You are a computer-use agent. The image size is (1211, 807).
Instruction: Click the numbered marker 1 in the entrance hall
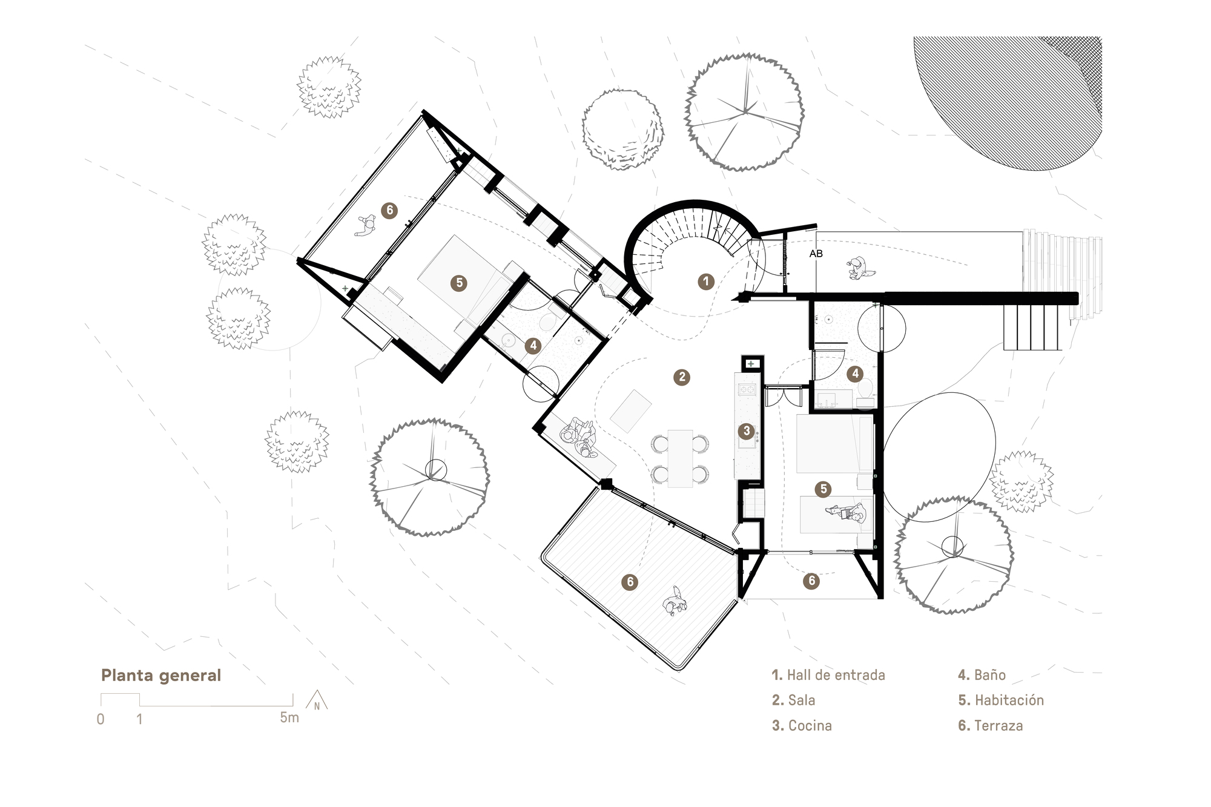(705, 282)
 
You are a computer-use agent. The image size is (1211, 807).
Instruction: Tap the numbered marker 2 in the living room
(682, 377)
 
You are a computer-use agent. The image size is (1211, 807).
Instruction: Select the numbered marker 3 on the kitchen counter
(746, 431)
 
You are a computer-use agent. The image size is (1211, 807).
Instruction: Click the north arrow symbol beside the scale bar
(317, 702)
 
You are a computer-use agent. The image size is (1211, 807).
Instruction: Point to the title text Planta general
(161, 675)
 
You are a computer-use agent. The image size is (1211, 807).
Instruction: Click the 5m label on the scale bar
(289, 718)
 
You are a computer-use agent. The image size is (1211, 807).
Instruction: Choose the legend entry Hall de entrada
(828, 675)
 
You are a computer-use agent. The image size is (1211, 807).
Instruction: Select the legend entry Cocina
(802, 725)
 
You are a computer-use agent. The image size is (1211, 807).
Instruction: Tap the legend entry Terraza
(991, 725)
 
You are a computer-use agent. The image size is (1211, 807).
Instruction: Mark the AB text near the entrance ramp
(816, 254)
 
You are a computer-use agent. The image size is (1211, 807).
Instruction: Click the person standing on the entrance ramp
(859, 268)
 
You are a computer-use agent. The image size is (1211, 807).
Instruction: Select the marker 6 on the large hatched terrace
(630, 582)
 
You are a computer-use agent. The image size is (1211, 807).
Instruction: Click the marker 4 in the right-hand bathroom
(855, 374)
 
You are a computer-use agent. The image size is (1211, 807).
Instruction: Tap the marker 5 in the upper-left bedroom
(458, 283)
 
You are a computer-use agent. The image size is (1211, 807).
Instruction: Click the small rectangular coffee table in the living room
(631, 410)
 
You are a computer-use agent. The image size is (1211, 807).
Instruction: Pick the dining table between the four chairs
(680, 458)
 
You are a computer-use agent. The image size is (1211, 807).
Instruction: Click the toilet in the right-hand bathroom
(865, 391)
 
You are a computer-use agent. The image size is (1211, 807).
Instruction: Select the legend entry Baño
(982, 675)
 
